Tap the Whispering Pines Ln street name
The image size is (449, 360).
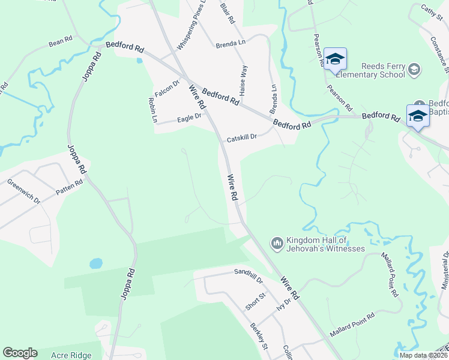tap(191, 25)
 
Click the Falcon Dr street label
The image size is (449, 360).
tap(167, 89)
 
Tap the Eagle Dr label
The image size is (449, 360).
tap(189, 119)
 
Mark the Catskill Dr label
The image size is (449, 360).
tap(241, 138)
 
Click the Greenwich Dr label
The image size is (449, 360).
tap(23, 190)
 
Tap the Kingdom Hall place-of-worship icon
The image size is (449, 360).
tap(277, 243)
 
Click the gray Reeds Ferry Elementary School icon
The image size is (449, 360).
tap(414, 70)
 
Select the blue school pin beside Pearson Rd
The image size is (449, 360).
tap(335, 59)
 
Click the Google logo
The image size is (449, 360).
tap(20, 353)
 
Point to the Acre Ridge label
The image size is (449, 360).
tap(71, 354)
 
